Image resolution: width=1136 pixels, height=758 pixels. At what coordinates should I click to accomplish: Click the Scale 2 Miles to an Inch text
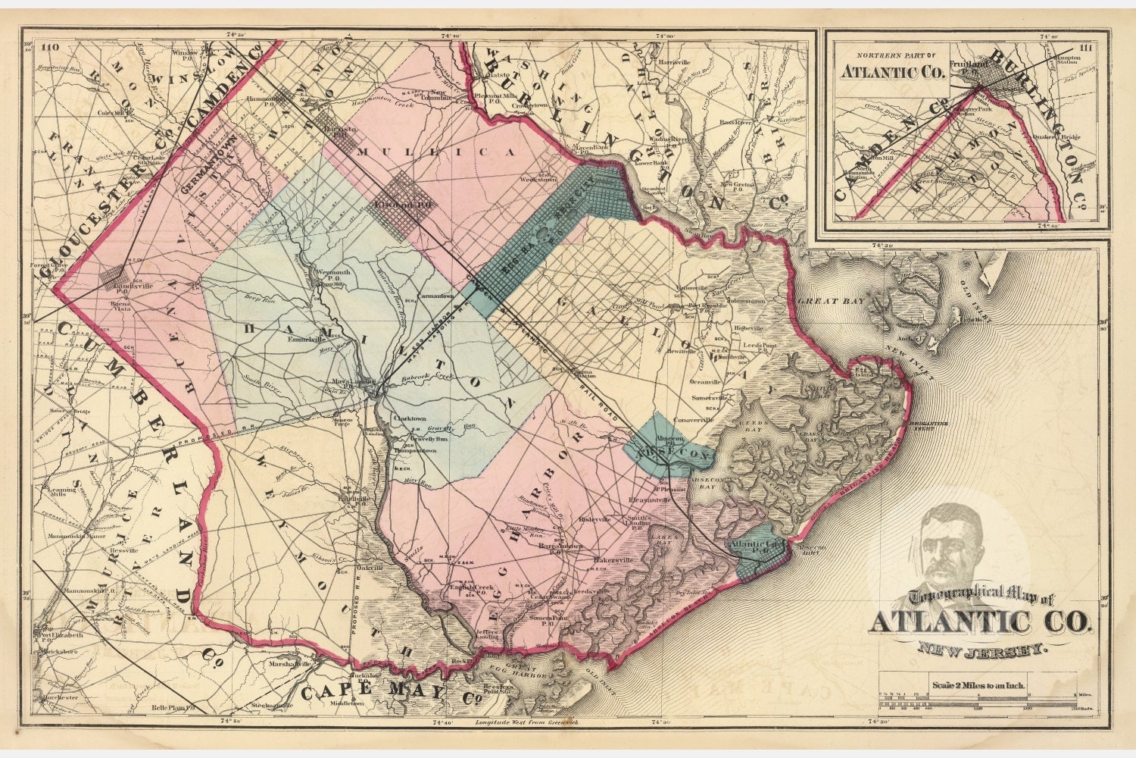tap(979, 686)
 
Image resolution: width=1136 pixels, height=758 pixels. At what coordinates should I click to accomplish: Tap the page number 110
tap(51, 47)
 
